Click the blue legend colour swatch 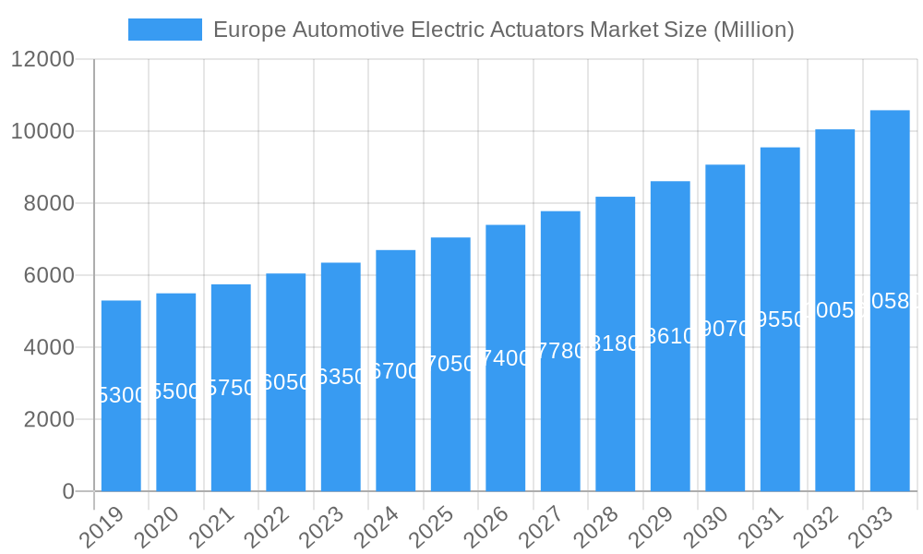coord(164,30)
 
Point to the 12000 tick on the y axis coord(42,60)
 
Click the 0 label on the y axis coord(68,492)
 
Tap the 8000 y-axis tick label coord(49,204)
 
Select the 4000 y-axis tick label coord(49,348)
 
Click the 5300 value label coord(121,395)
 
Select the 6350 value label coord(341,377)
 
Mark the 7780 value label coord(560,351)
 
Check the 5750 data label coord(231,388)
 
